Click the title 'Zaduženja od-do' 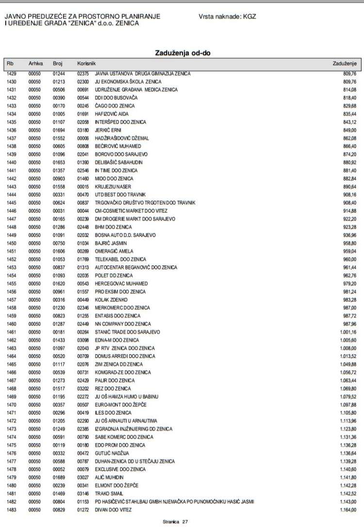182,52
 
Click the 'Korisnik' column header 86,63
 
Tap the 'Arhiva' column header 36,63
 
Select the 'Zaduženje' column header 345,63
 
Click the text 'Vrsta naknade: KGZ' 227,16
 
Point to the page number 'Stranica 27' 175,522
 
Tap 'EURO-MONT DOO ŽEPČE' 114,405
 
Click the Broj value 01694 58,130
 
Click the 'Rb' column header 10,63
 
